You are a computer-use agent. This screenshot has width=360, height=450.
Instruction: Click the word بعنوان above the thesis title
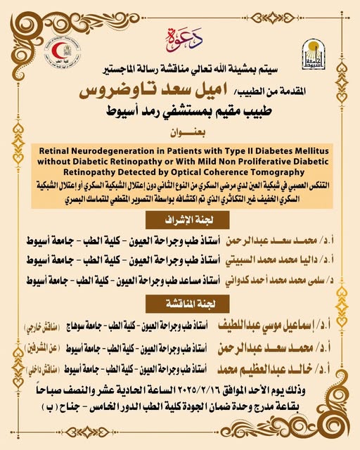point(180,132)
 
